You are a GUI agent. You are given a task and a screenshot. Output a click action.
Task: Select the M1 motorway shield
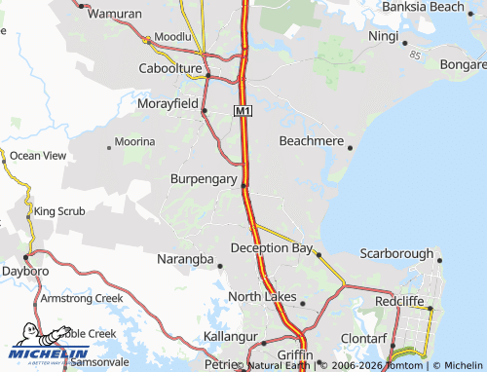click(x=243, y=112)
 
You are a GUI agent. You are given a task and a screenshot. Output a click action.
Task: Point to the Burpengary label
click(x=203, y=179)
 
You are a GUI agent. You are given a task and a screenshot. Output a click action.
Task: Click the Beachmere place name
click(x=311, y=141)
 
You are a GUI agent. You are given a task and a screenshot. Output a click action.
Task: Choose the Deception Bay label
click(x=271, y=248)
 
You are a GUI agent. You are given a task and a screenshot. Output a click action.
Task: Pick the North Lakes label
click(x=260, y=296)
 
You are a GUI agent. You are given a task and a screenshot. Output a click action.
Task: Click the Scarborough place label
click(x=396, y=253)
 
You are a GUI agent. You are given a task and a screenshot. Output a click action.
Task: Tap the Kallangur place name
click(x=231, y=336)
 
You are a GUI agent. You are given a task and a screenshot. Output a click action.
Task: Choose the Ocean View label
click(x=38, y=155)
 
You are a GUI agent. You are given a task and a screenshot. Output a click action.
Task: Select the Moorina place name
click(x=134, y=142)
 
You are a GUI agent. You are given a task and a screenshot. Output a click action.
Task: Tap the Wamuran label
click(x=115, y=15)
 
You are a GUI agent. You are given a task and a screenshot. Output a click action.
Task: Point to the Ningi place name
click(x=384, y=36)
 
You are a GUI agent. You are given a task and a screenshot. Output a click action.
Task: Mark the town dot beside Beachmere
click(x=350, y=148)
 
